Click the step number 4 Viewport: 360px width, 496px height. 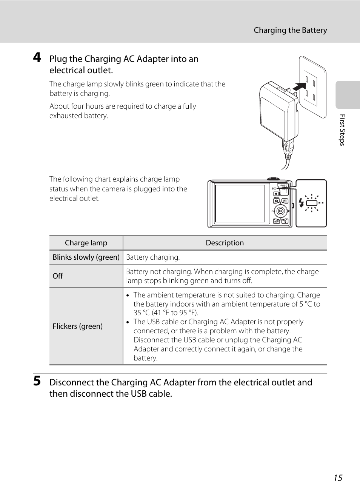coord(37,57)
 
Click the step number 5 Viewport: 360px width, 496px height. coord(37,381)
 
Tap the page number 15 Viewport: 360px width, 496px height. coord(338,478)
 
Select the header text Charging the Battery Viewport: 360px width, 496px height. coord(290,30)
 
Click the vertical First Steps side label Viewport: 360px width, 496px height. coord(342,130)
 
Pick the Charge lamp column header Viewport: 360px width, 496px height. coord(86,243)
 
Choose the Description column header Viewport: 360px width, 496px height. coord(225,243)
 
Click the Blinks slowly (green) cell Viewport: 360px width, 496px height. coord(86,257)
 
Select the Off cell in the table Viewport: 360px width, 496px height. coord(58,276)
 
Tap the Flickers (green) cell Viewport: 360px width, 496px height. coord(78,326)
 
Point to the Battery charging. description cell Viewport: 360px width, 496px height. coord(153,257)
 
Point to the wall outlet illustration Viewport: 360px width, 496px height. coord(313,87)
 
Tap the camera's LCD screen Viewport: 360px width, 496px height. coord(240,203)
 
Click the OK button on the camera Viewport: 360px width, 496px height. coord(280,211)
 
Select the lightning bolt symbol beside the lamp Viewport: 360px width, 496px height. coord(301,203)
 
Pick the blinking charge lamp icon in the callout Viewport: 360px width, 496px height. coord(312,203)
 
